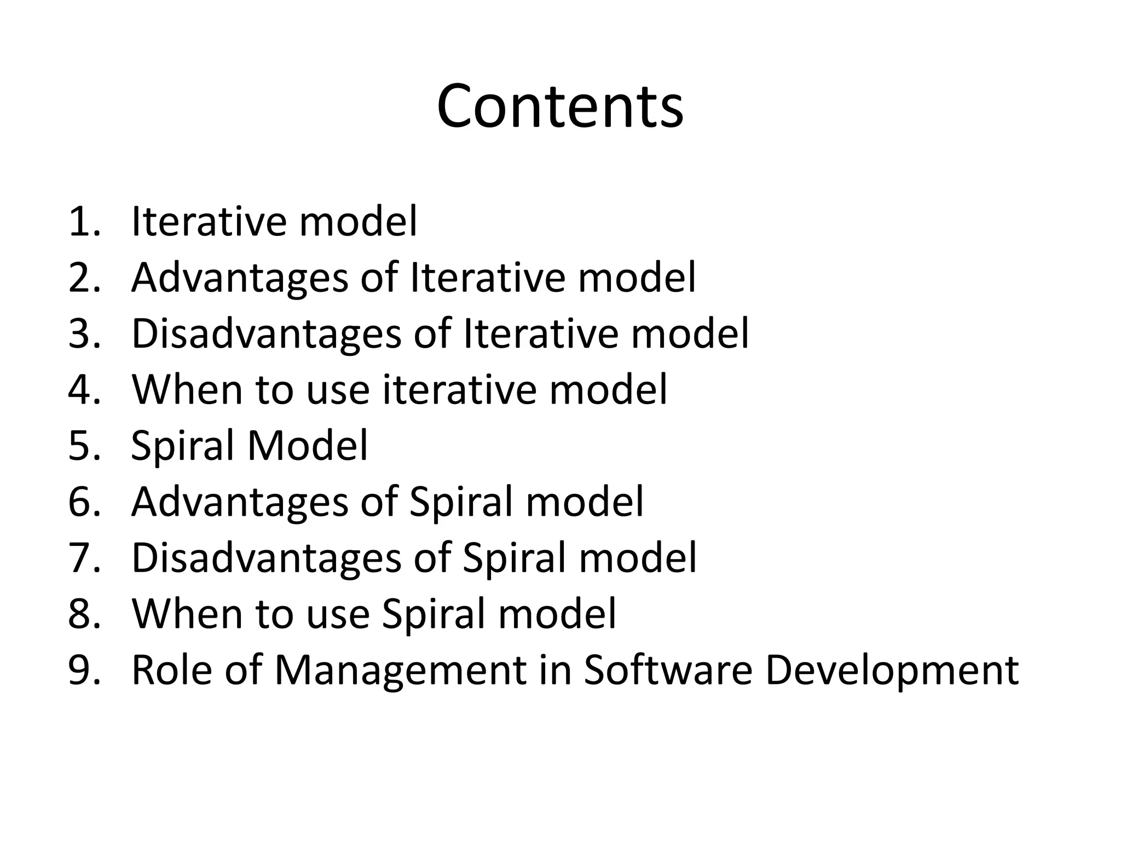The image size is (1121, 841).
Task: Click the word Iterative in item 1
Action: [x=210, y=221]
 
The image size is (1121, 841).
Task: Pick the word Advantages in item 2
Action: [x=240, y=278]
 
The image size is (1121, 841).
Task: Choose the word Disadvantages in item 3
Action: [x=267, y=333]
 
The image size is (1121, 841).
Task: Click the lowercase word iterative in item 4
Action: [x=460, y=389]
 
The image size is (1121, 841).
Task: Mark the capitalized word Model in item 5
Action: [x=308, y=445]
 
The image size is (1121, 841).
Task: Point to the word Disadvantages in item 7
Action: [x=267, y=557]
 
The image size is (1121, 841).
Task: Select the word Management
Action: [x=400, y=670]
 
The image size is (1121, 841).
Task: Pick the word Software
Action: [x=668, y=669]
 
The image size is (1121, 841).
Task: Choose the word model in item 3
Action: [x=690, y=333]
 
